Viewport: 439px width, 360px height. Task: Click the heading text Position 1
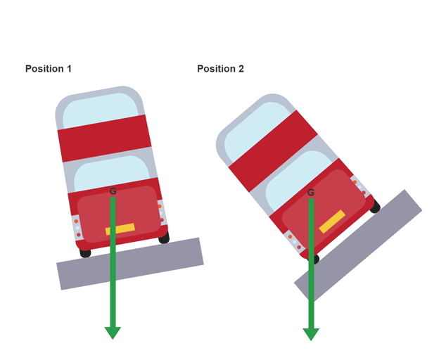coord(49,69)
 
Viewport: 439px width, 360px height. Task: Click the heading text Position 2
coord(221,69)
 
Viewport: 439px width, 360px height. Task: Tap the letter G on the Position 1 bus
coord(113,191)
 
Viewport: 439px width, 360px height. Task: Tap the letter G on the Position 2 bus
coord(311,193)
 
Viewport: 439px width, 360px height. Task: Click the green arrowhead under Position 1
coord(113,333)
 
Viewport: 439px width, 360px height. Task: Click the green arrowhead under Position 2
coord(311,335)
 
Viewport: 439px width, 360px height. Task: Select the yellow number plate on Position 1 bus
coord(120,229)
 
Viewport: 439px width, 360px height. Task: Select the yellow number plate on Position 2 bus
coord(332,221)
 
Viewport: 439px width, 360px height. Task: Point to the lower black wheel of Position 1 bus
coord(85,253)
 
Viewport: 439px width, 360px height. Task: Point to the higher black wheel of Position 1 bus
coord(165,238)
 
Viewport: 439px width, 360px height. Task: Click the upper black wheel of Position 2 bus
coord(375,207)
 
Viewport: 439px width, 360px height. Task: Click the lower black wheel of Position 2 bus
coord(314,259)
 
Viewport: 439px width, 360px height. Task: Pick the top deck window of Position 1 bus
coord(101,110)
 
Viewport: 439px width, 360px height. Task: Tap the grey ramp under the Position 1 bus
coord(130,264)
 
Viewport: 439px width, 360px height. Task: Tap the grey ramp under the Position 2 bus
coord(358,245)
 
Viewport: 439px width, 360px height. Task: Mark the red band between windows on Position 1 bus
coord(104,139)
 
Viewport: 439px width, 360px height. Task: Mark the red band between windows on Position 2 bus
coord(273,151)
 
